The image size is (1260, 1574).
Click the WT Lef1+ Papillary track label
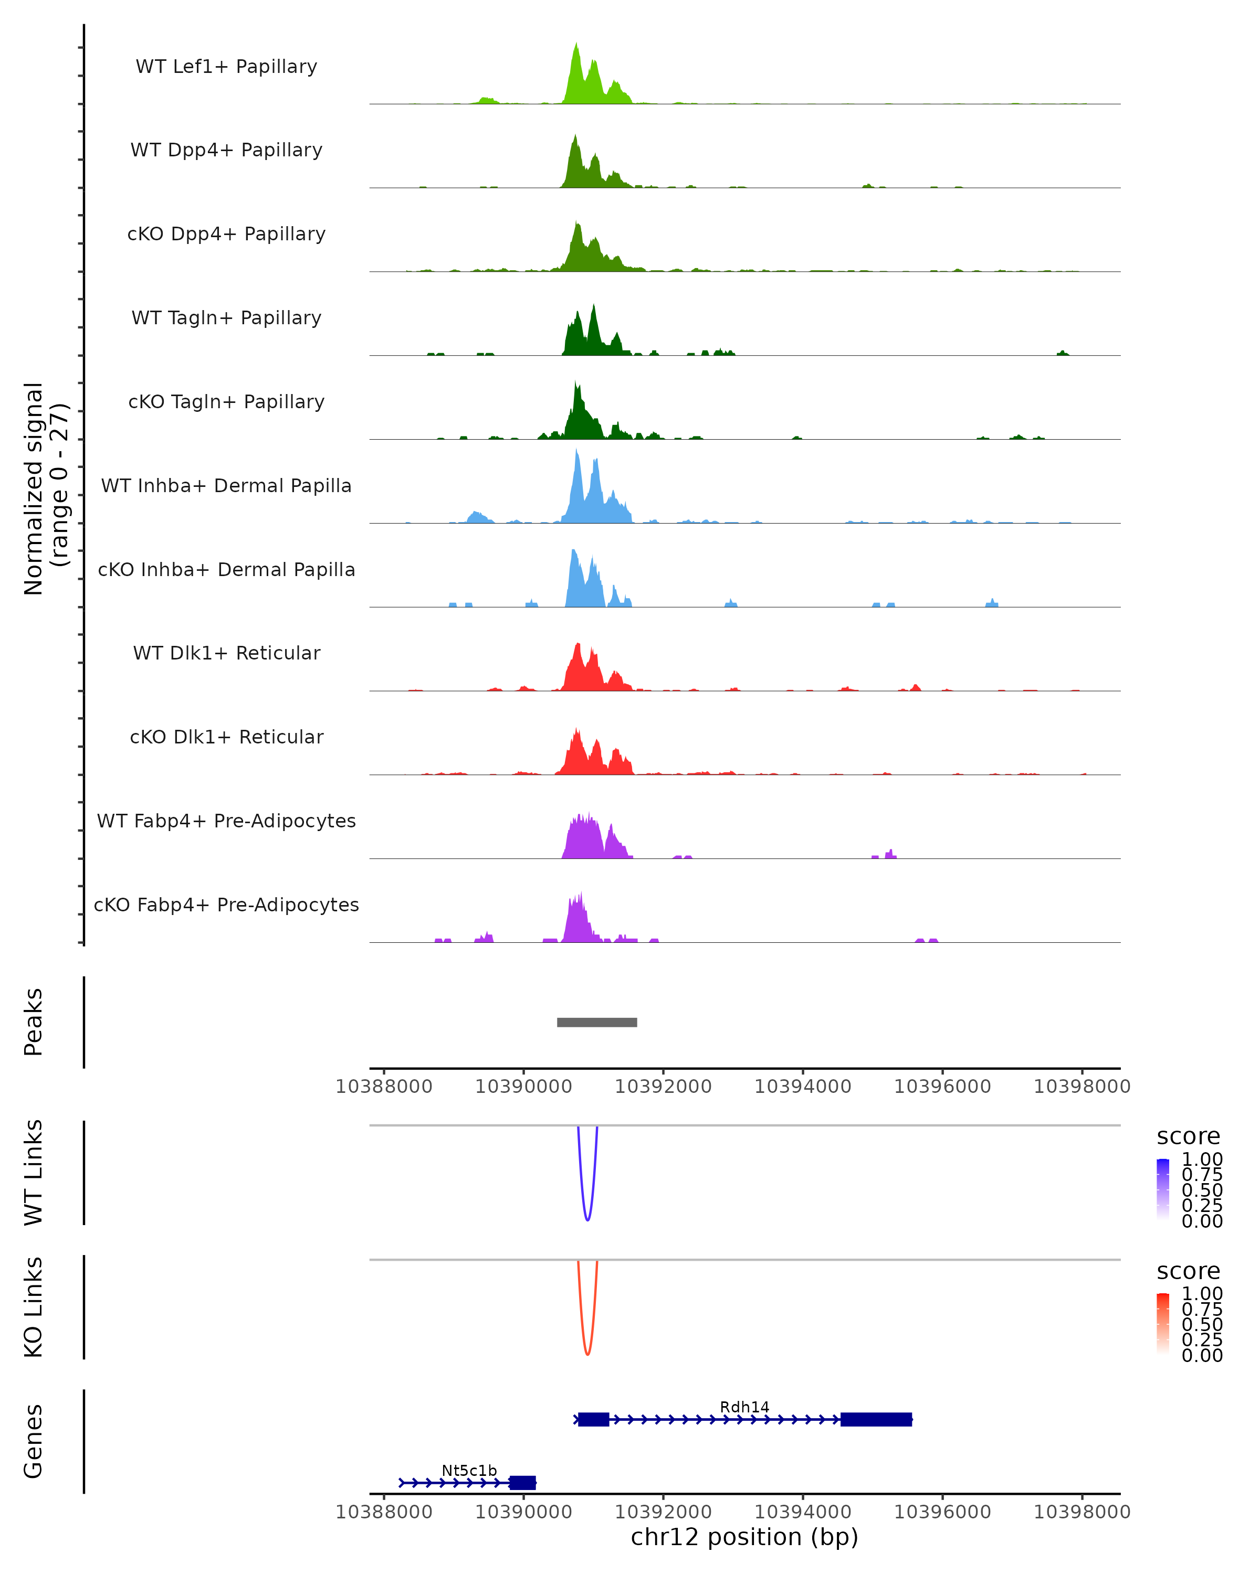(226, 67)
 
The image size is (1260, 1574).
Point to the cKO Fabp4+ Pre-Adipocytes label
(226, 905)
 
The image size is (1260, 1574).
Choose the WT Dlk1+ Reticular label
(226, 653)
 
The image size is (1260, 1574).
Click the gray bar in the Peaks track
(597, 1022)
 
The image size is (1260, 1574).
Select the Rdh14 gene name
(744, 1407)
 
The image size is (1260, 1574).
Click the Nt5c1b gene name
(469, 1470)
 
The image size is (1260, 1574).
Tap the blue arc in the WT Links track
(587, 1218)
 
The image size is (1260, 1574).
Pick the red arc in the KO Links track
(587, 1352)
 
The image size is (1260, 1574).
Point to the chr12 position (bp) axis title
(744, 1537)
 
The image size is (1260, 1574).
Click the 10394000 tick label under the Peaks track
(803, 1087)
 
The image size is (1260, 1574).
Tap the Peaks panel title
(34, 1022)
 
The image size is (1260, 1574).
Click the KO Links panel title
(34, 1307)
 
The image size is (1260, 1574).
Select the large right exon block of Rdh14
(876, 1419)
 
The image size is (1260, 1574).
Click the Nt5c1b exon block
(522, 1483)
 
